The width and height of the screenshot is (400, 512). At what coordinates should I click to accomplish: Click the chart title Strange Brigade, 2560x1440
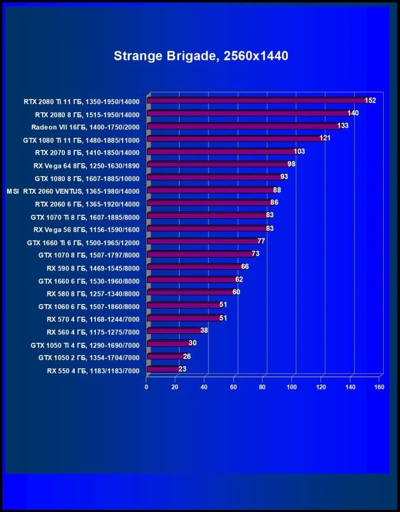(201, 56)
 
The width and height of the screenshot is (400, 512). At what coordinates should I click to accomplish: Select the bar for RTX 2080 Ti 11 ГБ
(258, 101)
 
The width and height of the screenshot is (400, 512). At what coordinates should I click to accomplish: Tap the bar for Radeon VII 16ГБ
(244, 126)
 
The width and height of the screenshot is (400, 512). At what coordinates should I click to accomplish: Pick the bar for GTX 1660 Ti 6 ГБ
(203, 242)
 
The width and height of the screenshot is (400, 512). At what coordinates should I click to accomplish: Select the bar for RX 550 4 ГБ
(164, 369)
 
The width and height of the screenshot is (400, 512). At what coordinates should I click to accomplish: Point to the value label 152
(371, 101)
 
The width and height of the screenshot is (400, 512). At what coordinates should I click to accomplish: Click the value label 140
(353, 113)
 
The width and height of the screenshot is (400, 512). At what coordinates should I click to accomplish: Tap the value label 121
(325, 138)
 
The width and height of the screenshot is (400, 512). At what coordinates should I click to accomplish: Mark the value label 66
(245, 267)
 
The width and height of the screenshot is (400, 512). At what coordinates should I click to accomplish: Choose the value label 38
(204, 330)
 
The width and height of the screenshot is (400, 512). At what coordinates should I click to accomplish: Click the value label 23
(182, 369)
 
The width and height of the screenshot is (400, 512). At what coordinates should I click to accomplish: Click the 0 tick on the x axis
(147, 387)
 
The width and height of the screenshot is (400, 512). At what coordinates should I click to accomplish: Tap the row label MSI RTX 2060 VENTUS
(73, 190)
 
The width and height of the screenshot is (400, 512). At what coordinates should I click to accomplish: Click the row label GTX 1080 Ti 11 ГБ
(82, 139)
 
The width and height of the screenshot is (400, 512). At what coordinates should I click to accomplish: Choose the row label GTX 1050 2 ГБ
(89, 357)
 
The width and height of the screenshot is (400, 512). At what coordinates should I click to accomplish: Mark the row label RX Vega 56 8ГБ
(86, 229)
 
